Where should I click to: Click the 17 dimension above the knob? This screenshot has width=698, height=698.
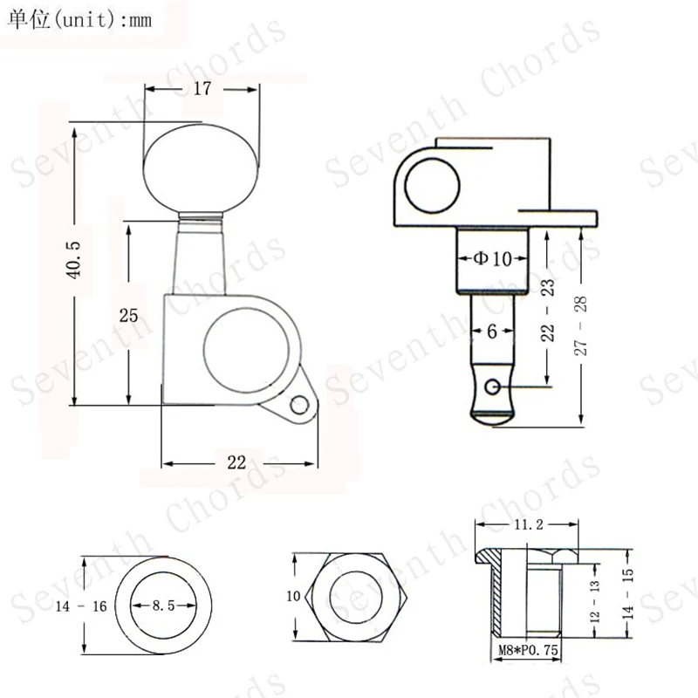point(202,89)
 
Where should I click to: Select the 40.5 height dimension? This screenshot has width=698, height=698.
point(73,260)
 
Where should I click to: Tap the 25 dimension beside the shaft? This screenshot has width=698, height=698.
point(128,316)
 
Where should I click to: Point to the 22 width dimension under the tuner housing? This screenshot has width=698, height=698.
point(236,462)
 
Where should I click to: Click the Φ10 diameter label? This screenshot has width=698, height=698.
point(492,258)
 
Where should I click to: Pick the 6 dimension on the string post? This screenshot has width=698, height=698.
point(492,332)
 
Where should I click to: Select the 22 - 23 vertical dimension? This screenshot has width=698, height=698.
point(548,311)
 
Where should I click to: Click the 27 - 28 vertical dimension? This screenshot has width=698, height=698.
point(580,325)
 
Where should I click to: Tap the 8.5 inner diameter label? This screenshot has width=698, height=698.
point(163,606)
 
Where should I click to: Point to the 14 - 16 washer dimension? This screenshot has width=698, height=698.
point(81,606)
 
